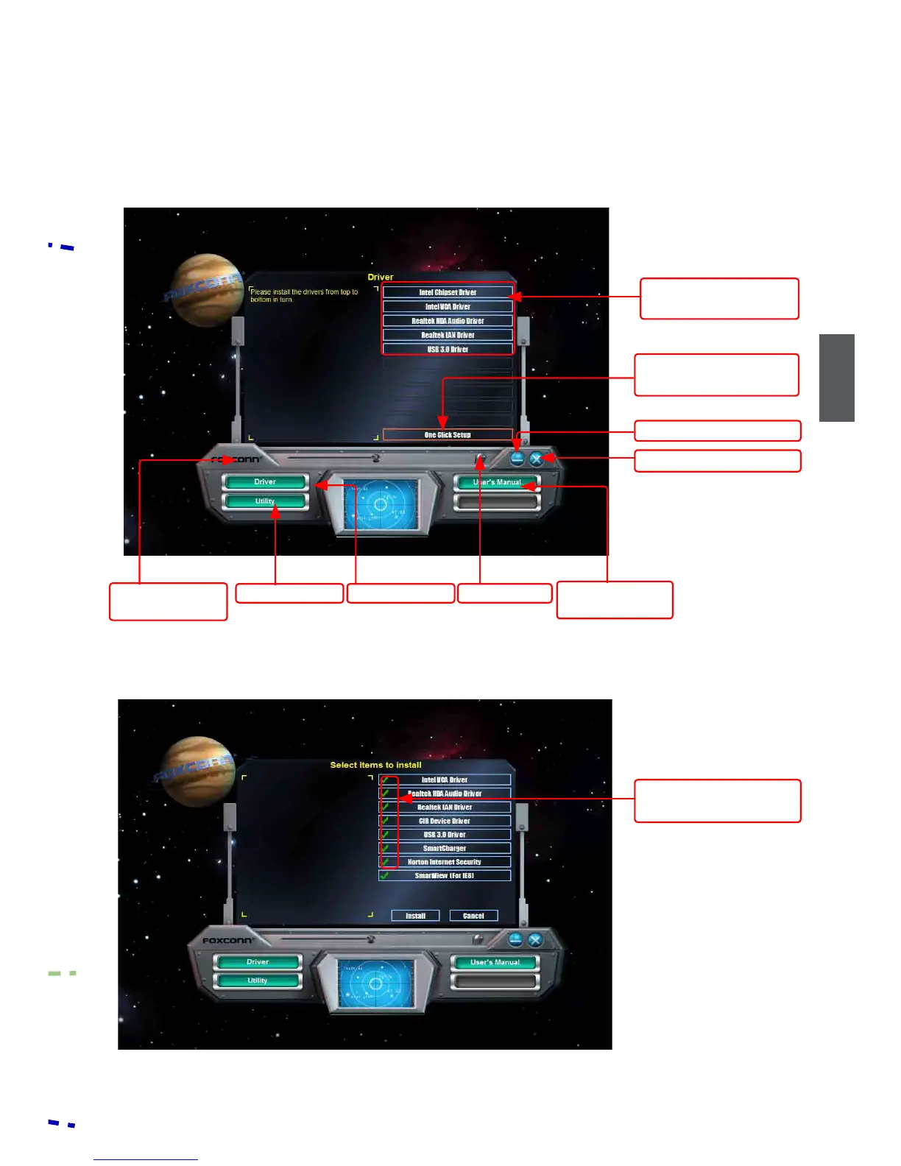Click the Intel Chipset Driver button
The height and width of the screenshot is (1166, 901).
click(448, 292)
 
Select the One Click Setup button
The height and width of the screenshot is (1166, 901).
click(448, 435)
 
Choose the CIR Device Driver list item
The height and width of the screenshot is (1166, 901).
click(445, 821)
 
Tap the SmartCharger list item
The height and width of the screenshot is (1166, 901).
click(445, 848)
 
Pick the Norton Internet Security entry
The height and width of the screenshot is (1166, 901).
click(445, 862)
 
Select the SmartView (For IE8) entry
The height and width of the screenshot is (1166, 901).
click(445, 876)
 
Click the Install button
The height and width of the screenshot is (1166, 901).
click(415, 916)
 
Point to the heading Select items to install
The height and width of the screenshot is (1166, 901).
click(375, 765)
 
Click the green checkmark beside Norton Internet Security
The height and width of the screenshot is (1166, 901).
click(385, 862)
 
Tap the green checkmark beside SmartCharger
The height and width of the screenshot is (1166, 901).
click(385, 848)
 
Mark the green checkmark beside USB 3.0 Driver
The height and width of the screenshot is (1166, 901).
click(385, 835)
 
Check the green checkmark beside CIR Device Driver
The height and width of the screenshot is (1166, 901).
click(385, 821)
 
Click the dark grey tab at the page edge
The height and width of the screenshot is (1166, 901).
click(837, 378)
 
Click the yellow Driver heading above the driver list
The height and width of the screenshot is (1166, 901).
click(381, 278)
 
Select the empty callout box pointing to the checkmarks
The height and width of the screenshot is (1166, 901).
click(717, 801)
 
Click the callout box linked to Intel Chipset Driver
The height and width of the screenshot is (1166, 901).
click(719, 299)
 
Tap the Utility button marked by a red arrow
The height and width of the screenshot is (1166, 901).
click(265, 501)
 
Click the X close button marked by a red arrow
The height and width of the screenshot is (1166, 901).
click(537, 459)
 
